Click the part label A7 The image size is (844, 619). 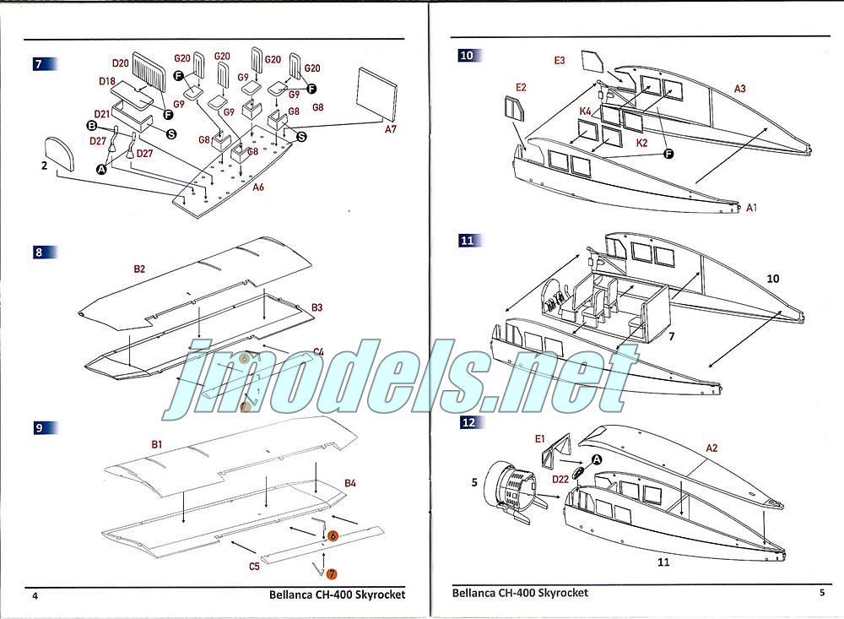tap(390, 129)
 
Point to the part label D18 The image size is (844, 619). tap(107, 81)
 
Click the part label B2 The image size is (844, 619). tap(139, 269)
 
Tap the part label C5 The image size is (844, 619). tap(254, 566)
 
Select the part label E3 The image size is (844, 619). tap(560, 60)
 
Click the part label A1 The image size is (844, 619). tap(751, 208)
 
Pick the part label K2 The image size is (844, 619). tap(641, 143)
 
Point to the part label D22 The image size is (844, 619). tap(560, 479)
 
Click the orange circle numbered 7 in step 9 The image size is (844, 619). tap(332, 574)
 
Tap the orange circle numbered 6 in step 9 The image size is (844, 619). tap(332, 536)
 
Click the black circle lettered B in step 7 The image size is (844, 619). tap(92, 126)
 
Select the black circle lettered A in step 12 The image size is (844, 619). tap(597, 459)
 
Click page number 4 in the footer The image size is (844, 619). tap(35, 596)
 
